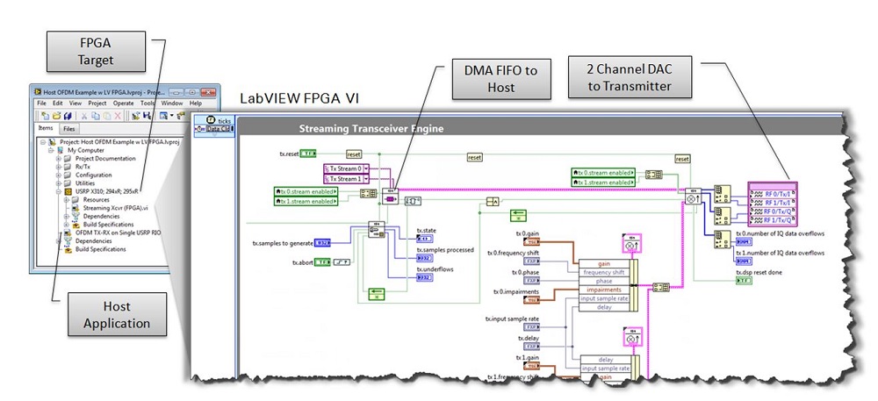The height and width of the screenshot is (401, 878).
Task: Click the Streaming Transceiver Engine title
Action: (x=371, y=128)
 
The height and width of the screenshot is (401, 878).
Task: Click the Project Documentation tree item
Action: (x=105, y=159)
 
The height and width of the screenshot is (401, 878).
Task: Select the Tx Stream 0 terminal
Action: (x=345, y=168)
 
